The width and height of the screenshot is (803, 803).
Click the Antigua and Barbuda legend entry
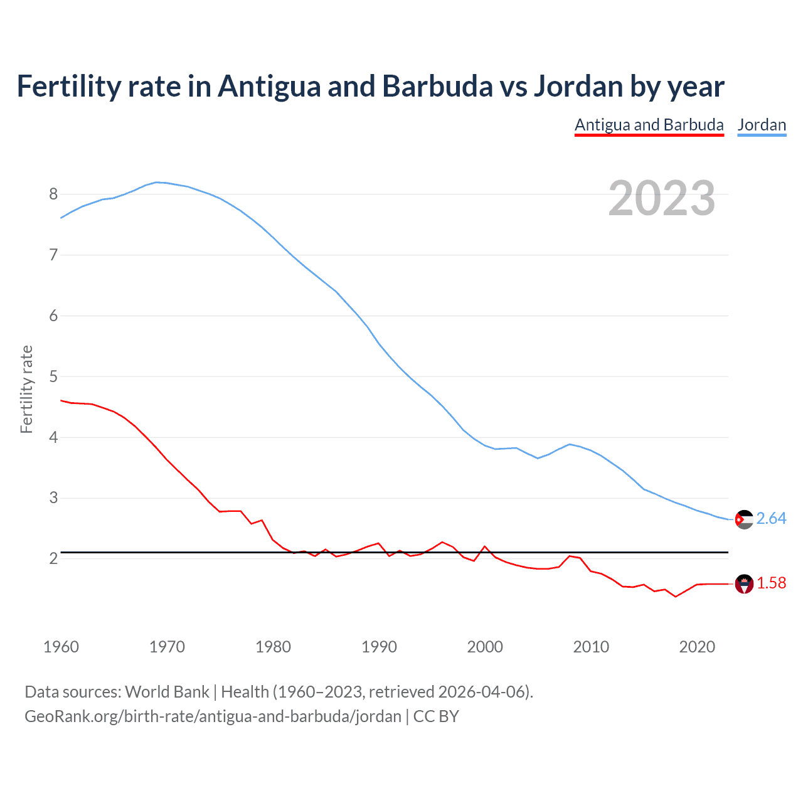[649, 125]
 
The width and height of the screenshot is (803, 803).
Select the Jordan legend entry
[762, 125]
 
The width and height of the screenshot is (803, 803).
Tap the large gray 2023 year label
[662, 198]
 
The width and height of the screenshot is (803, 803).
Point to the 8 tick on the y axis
[53, 194]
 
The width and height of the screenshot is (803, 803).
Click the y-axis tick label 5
[53, 377]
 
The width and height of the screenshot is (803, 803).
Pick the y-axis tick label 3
[53, 498]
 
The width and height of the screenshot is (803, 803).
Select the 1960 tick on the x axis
[61, 647]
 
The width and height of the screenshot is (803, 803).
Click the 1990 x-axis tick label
[379, 647]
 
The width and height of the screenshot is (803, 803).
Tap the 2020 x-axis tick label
[697, 647]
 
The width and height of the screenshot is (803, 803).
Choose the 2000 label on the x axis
[485, 647]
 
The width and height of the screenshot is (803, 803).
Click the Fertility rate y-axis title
[26, 389]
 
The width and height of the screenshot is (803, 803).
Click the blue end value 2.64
[771, 519]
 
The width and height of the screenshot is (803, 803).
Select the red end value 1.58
[771, 583]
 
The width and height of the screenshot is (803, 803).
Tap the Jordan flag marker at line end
[744, 519]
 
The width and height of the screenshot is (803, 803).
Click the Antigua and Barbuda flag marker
[744, 584]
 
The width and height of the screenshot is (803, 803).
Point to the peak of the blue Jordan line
[157, 182]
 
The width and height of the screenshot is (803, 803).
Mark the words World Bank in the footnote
[167, 692]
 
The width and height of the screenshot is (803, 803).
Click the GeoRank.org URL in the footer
[213, 716]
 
